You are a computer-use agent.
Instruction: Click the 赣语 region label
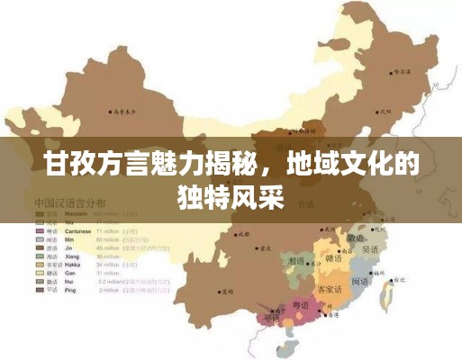coord(334,258)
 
